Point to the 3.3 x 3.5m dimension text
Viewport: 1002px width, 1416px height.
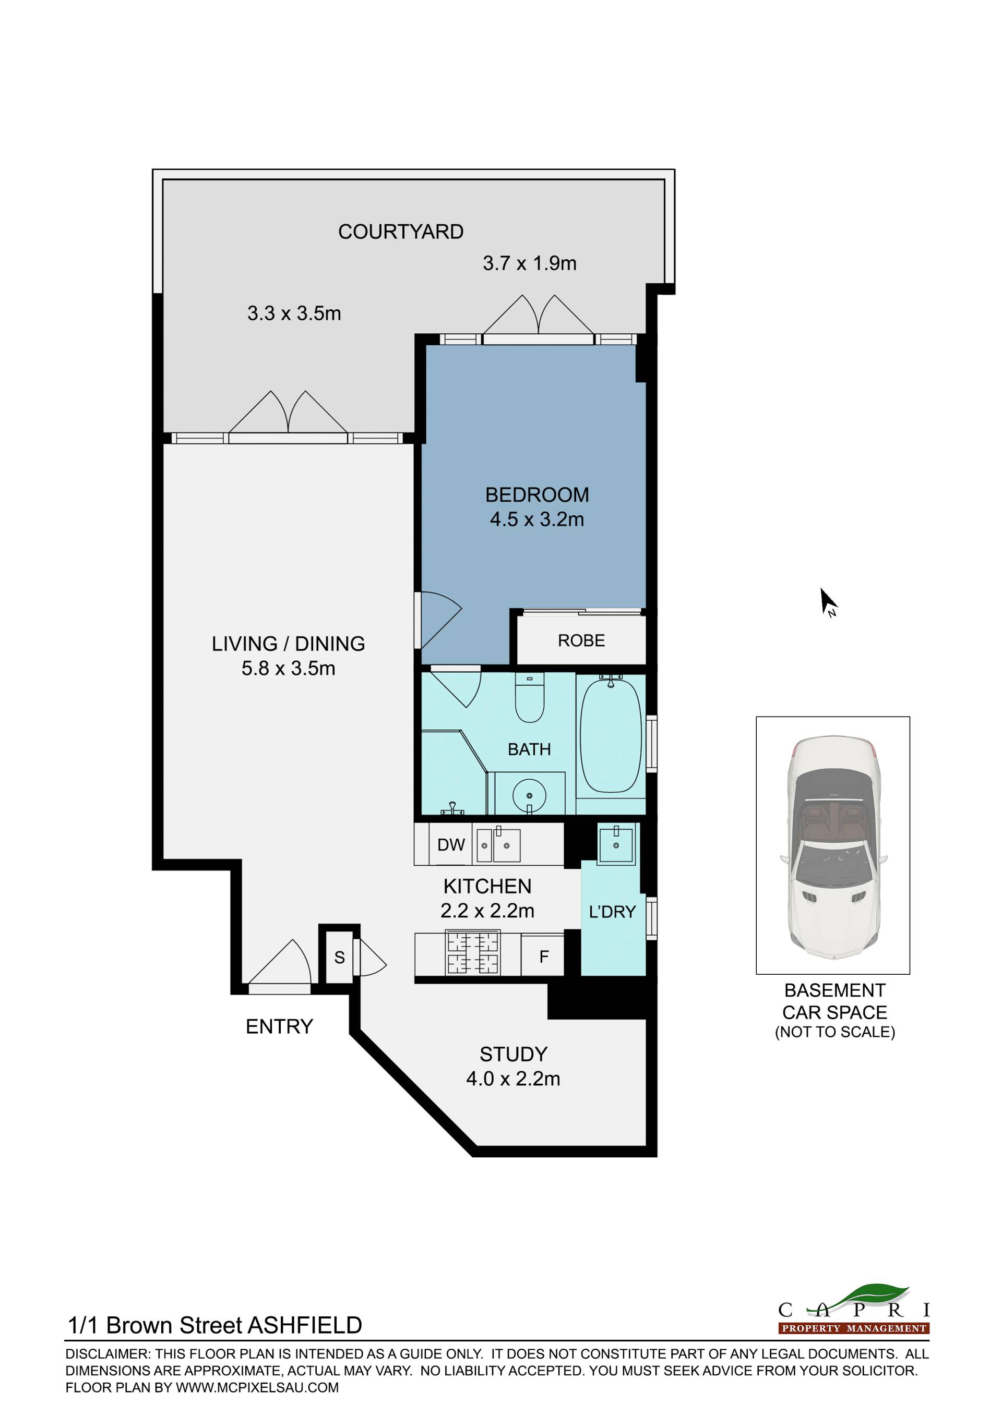[x=294, y=313]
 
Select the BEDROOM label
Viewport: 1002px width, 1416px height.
[x=537, y=494]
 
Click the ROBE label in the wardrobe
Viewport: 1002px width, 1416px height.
[x=581, y=641]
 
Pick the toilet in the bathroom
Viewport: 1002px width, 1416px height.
[x=529, y=697]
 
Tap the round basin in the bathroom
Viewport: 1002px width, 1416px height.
[x=529, y=795]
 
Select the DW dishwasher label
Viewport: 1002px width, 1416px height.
[x=451, y=845]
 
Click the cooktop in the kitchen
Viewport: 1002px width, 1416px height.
[x=473, y=953]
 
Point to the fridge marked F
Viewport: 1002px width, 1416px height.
[x=544, y=957]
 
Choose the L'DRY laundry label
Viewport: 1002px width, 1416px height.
[x=612, y=912]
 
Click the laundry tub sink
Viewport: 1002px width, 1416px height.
[x=616, y=845]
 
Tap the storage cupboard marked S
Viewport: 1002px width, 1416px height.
[x=339, y=957]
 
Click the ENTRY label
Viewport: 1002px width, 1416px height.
[x=280, y=1026]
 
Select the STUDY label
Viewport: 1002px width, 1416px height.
[x=514, y=1054]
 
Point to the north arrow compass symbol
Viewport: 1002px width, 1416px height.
[x=829, y=602]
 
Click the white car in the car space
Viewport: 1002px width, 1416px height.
[x=833, y=848]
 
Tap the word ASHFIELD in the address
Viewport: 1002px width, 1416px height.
[x=305, y=1325]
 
